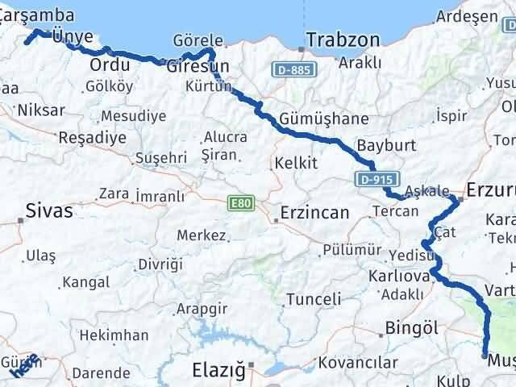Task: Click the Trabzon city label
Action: click(343, 39)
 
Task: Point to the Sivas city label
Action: click(49, 211)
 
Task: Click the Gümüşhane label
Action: click(324, 119)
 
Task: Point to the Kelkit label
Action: click(296, 164)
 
